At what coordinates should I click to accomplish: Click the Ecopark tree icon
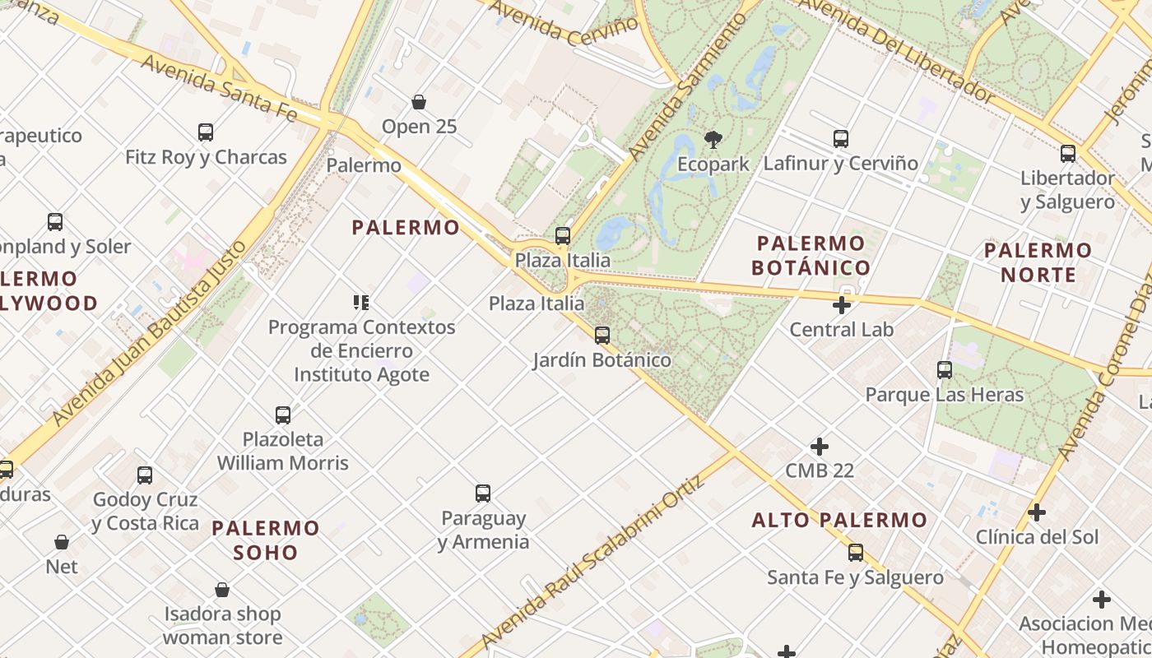(713, 139)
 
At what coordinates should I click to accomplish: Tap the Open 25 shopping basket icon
(419, 102)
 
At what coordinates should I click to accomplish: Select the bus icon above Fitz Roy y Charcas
(206, 132)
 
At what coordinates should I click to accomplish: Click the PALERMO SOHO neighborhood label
(266, 540)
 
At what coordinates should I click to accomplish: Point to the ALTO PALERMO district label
(839, 520)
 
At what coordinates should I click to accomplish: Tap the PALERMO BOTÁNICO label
(811, 255)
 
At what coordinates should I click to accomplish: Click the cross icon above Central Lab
(841, 305)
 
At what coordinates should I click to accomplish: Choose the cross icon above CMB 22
(820, 447)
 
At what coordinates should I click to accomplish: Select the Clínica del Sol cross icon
(1037, 512)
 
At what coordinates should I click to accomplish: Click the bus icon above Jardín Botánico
(602, 335)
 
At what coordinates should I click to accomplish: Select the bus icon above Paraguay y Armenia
(483, 493)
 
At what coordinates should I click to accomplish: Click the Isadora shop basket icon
(222, 590)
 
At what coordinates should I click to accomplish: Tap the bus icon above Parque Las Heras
(945, 370)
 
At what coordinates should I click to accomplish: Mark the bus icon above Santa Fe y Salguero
(856, 553)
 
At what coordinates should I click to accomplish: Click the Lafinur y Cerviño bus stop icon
(840, 138)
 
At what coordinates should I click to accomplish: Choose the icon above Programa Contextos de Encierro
(361, 303)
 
